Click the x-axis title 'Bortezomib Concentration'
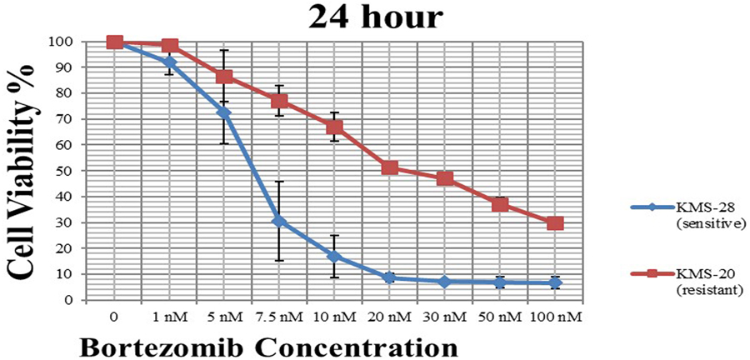(268, 345)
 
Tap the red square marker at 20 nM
(389, 167)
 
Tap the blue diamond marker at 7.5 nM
(279, 222)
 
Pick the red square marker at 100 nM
(555, 223)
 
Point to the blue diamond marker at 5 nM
(224, 112)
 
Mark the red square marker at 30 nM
(444, 178)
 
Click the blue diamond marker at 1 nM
(170, 62)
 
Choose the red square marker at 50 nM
(500, 204)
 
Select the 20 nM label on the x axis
(389, 317)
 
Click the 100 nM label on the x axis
(555, 317)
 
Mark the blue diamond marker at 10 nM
(334, 256)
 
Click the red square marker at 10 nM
(334, 127)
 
